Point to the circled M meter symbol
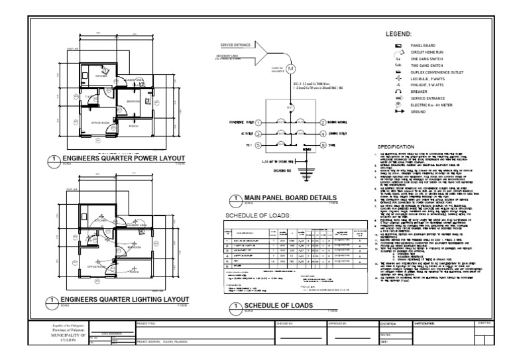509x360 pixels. tap(288, 69)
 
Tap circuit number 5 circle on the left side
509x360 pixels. tap(258, 145)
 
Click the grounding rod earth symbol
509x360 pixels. tap(306, 174)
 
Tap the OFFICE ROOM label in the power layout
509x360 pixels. tap(99, 122)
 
